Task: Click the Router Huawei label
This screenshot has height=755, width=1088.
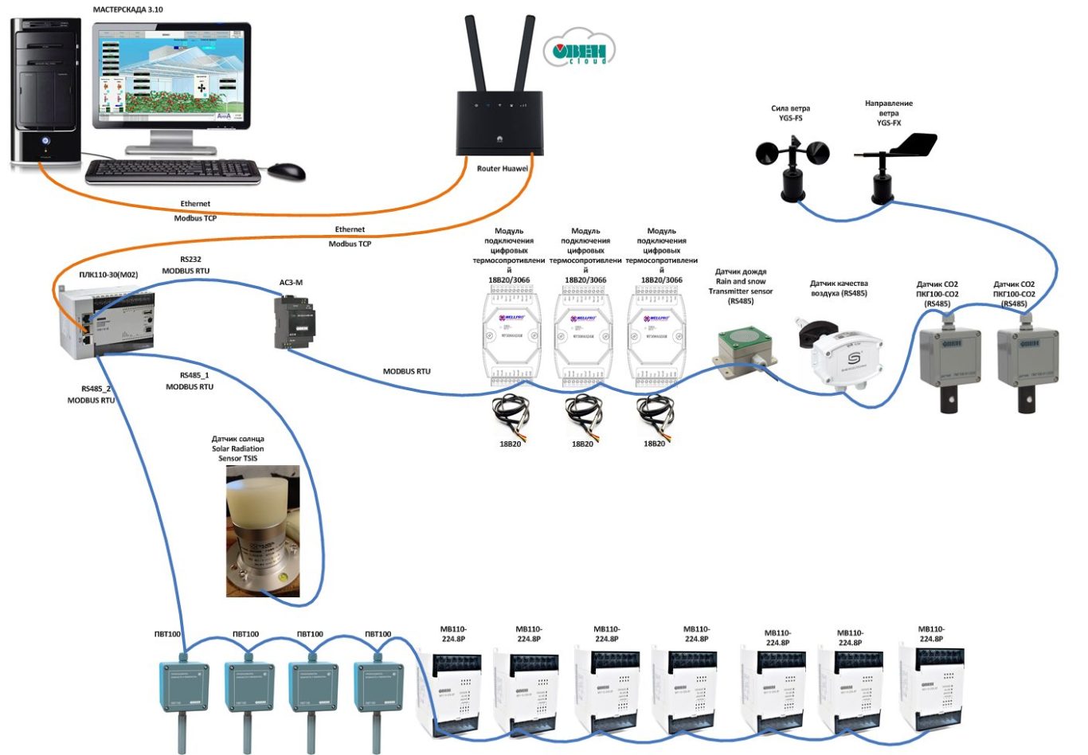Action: point(502,169)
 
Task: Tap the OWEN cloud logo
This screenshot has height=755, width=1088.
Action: point(579,50)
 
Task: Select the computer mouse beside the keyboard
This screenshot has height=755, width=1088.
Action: point(286,170)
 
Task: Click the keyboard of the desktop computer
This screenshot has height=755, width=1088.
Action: point(173,170)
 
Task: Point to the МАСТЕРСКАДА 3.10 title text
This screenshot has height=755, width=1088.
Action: point(128,10)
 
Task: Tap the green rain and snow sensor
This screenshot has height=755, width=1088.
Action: point(746,350)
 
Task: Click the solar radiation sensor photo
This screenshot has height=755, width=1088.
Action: point(263,531)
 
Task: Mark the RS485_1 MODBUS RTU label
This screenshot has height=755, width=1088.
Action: point(190,381)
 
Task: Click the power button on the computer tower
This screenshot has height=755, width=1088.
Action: point(45,141)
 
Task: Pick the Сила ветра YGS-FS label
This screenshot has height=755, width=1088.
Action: point(790,113)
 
